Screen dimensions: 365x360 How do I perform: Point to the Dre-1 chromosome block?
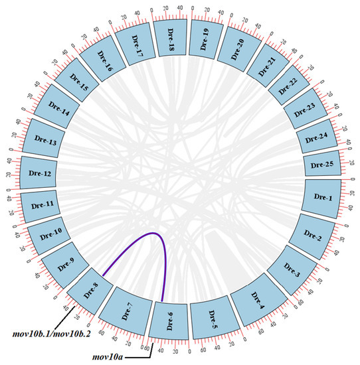[323, 196]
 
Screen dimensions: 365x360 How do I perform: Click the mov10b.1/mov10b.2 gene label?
[44, 330]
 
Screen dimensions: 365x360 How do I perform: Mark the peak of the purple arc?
[154, 233]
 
